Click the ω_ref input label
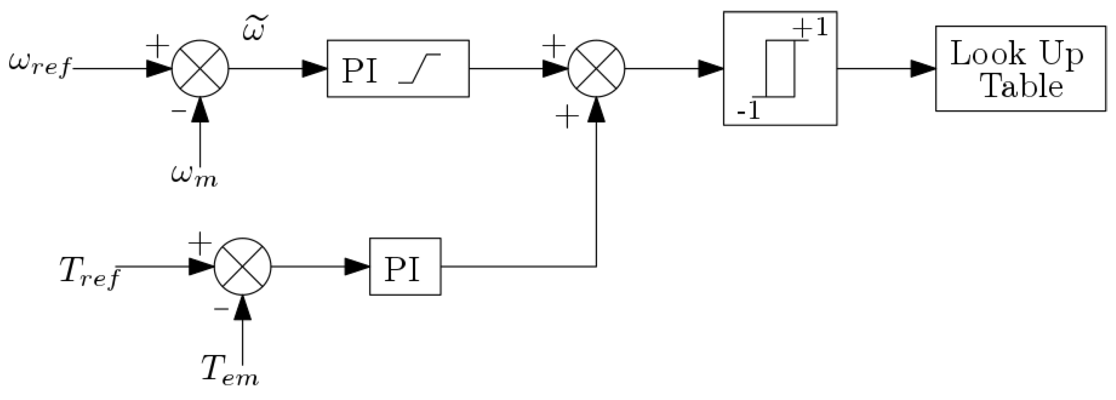tap(40, 65)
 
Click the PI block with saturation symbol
tap(398, 68)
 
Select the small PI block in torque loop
tap(405, 266)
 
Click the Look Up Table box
tap(1020, 68)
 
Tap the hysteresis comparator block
tap(780, 68)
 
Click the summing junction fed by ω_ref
tap(201, 68)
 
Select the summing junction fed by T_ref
tap(242, 266)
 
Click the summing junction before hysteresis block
tap(596, 68)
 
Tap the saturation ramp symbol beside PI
tap(419, 69)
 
